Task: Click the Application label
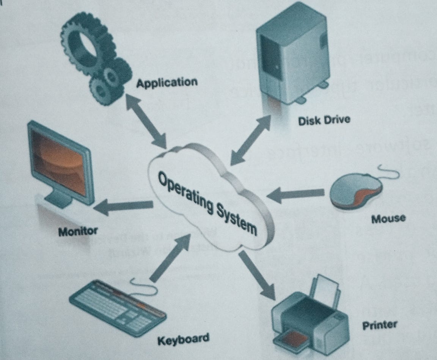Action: click(x=167, y=83)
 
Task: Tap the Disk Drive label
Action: click(x=324, y=121)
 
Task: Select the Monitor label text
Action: click(x=78, y=231)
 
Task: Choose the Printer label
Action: click(x=380, y=325)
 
